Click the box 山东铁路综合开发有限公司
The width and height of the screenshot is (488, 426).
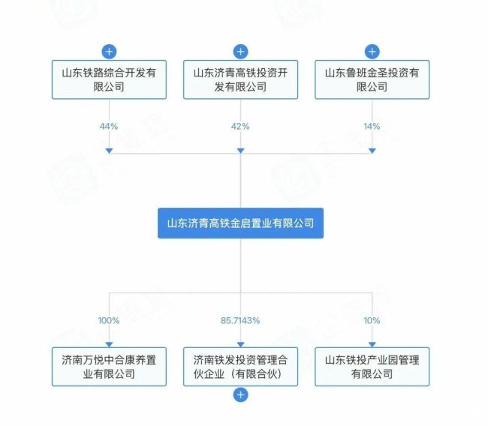coord(109,80)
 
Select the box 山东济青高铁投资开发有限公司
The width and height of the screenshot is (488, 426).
coord(240,80)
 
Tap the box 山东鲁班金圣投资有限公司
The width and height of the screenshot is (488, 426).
coord(372,80)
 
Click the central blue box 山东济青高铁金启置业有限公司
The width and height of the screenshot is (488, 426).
coord(240,223)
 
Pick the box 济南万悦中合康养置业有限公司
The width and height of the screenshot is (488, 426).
coord(109,367)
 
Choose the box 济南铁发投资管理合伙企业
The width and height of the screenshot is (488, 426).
coord(240,367)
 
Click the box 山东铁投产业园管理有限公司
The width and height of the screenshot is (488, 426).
coord(372,367)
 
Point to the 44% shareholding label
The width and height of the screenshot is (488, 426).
coord(109,126)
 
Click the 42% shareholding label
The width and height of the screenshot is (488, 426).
coord(240,126)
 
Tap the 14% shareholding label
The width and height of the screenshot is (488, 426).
coord(372,126)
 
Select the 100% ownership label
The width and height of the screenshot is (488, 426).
coord(109,320)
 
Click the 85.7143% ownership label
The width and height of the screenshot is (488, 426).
coord(240,320)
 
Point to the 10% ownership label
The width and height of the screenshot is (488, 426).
coord(372,320)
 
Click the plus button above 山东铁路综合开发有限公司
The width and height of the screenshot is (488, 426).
coord(109,52)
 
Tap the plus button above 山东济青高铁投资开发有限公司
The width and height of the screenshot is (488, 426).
coord(240,52)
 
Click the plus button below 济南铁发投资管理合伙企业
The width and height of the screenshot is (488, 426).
coord(240,394)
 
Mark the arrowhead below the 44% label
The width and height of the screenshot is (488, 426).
coord(109,151)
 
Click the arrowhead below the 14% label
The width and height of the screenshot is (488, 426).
coord(372,151)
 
